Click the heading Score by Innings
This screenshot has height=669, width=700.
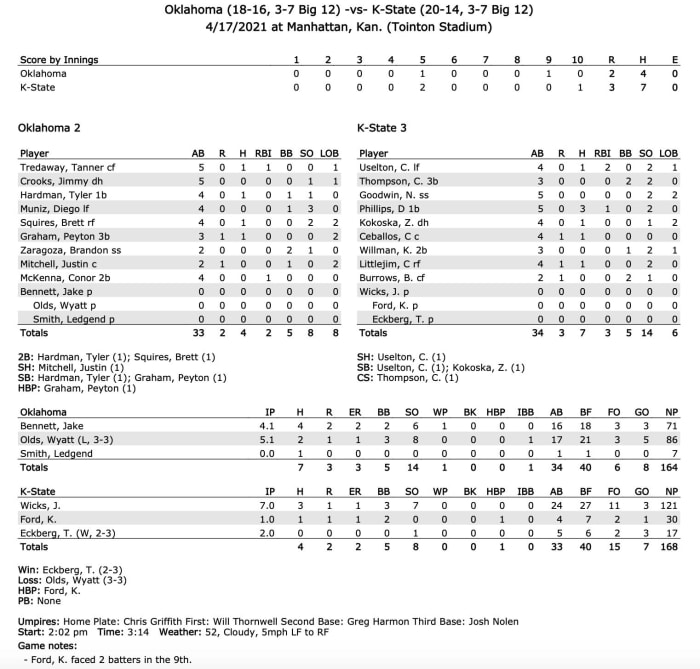point(59,60)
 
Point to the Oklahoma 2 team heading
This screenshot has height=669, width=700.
point(49,128)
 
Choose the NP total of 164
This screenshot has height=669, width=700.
point(669,467)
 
